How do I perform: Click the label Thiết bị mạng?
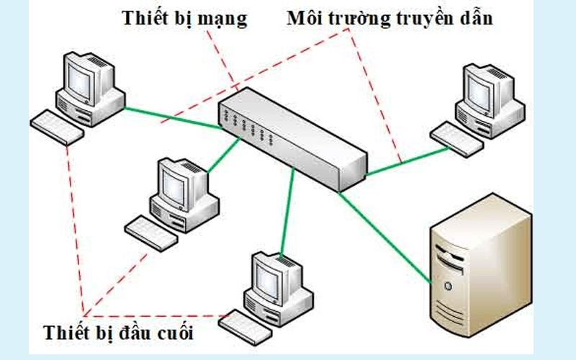pyautogui.click(x=184, y=18)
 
